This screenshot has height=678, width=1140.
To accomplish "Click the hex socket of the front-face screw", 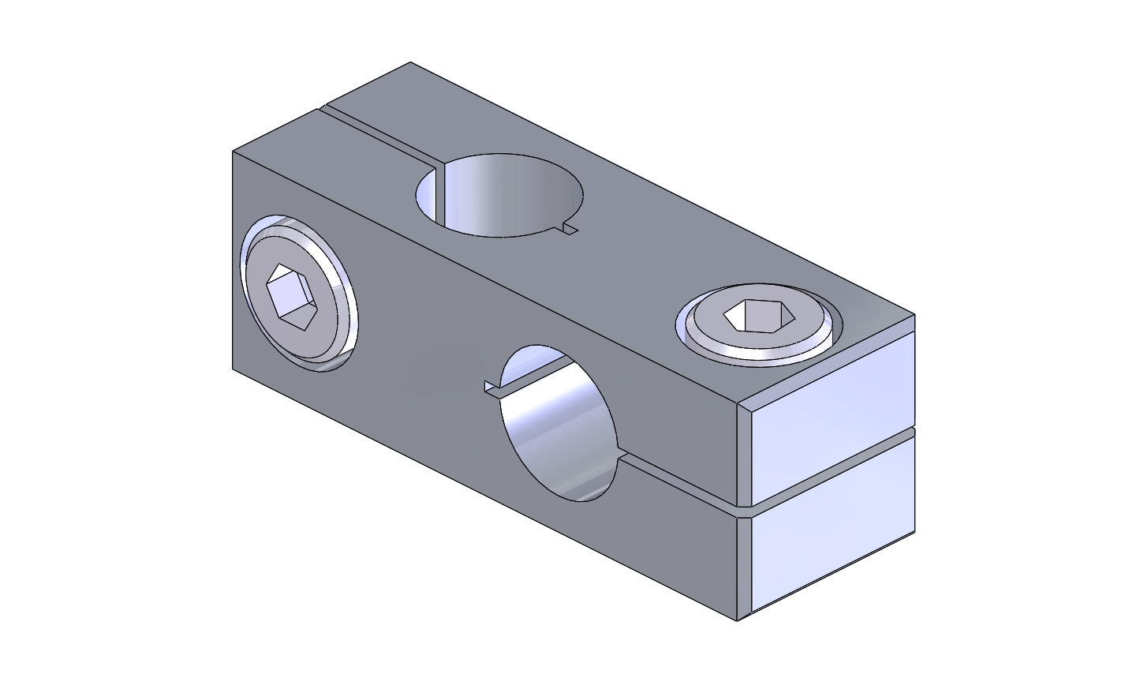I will (291, 297).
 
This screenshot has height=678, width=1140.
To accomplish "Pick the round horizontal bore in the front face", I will (560, 422).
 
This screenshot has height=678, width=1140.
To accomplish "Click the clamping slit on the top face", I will (379, 135).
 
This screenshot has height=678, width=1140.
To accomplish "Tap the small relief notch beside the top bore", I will (570, 230).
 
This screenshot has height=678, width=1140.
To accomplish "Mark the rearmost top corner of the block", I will (410, 62).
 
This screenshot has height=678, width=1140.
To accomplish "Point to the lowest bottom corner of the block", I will (738, 620).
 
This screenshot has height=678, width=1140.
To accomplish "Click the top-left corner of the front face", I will (233, 151).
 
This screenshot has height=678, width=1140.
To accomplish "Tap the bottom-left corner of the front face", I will (233, 369).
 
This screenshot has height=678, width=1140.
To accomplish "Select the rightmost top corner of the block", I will (914, 315).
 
